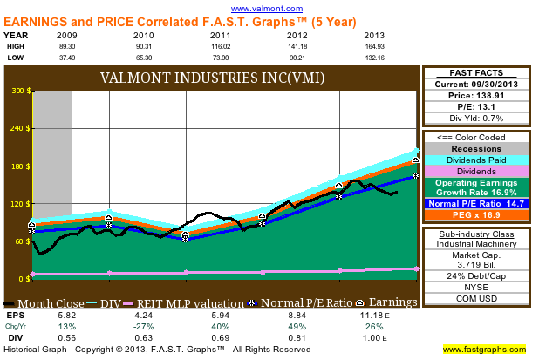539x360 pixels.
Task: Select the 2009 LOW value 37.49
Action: coord(66,57)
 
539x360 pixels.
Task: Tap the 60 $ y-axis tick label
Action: coord(20,241)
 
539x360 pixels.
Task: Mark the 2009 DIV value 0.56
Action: coord(66,336)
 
